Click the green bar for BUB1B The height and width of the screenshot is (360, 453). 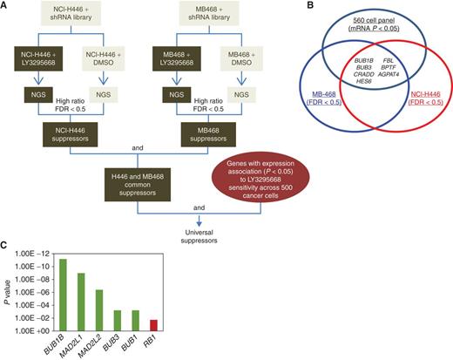point(63,295)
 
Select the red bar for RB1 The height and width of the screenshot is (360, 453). point(153,325)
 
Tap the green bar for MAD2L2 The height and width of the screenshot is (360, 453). point(99,310)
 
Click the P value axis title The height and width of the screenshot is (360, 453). point(8,292)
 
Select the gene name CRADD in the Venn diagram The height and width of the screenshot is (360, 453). point(363,74)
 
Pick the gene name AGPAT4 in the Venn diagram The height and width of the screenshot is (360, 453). point(389,74)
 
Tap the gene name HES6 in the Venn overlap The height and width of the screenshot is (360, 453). point(364,81)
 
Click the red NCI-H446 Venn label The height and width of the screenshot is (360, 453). point(425,98)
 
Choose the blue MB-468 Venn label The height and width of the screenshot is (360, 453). point(324,98)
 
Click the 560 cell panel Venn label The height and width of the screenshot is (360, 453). point(374,24)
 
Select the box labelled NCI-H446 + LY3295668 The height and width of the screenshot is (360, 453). point(38,58)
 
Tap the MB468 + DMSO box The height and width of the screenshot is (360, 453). point(241,58)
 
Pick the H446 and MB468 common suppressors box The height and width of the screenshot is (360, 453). point(138,185)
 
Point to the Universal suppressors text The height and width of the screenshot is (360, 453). point(199,236)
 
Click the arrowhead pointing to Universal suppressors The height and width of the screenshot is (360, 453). point(199,224)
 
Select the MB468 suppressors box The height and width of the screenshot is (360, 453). point(208,134)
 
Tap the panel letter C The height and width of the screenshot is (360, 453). point(3,246)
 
